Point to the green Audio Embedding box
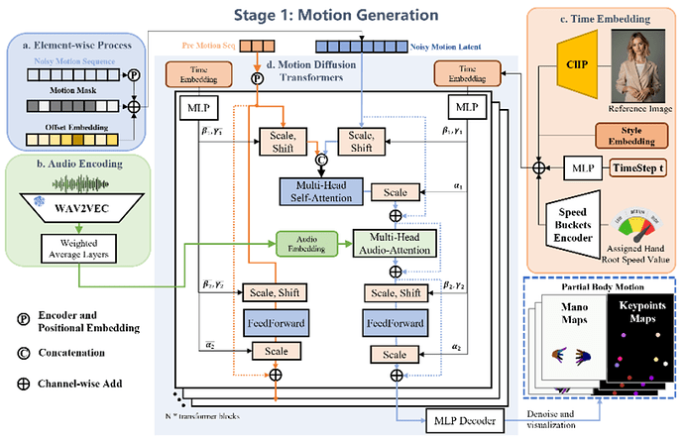[303, 242]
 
